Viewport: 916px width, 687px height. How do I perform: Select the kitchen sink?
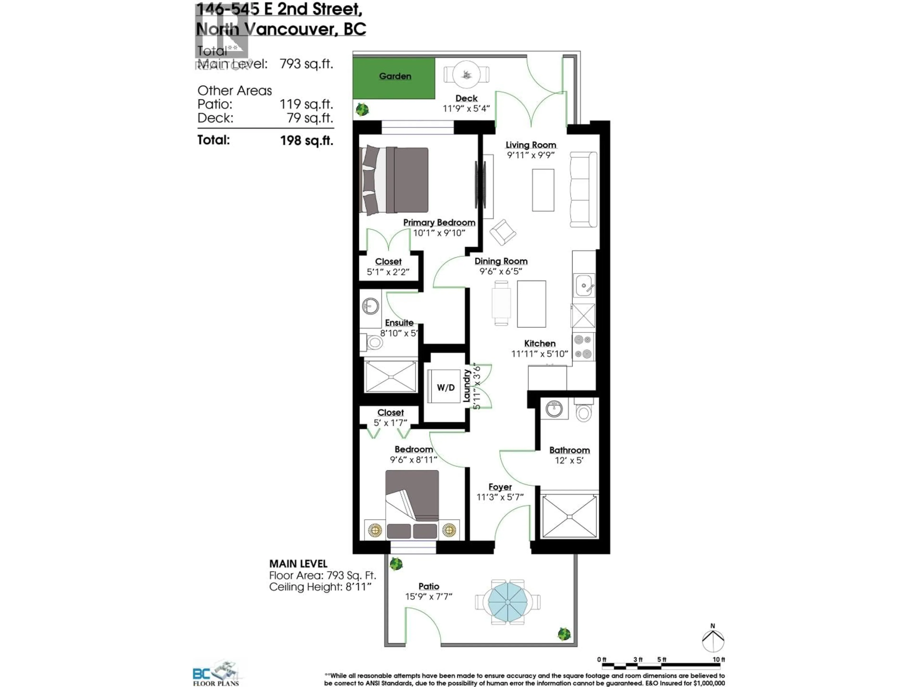584,285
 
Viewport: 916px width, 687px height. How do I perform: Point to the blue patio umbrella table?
508,601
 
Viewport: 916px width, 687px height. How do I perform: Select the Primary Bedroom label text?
439,222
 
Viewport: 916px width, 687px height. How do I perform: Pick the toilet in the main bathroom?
583,412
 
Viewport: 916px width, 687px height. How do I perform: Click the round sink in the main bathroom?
554,409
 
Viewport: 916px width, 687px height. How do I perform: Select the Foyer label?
500,487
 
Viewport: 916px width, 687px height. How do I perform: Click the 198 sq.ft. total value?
307,140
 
